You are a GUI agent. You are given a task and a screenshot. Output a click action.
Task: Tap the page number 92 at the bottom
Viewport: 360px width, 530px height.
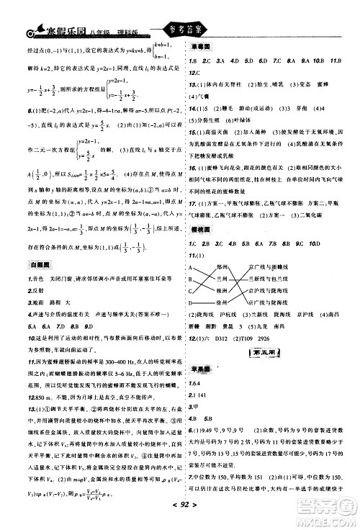(x=179, y=521)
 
